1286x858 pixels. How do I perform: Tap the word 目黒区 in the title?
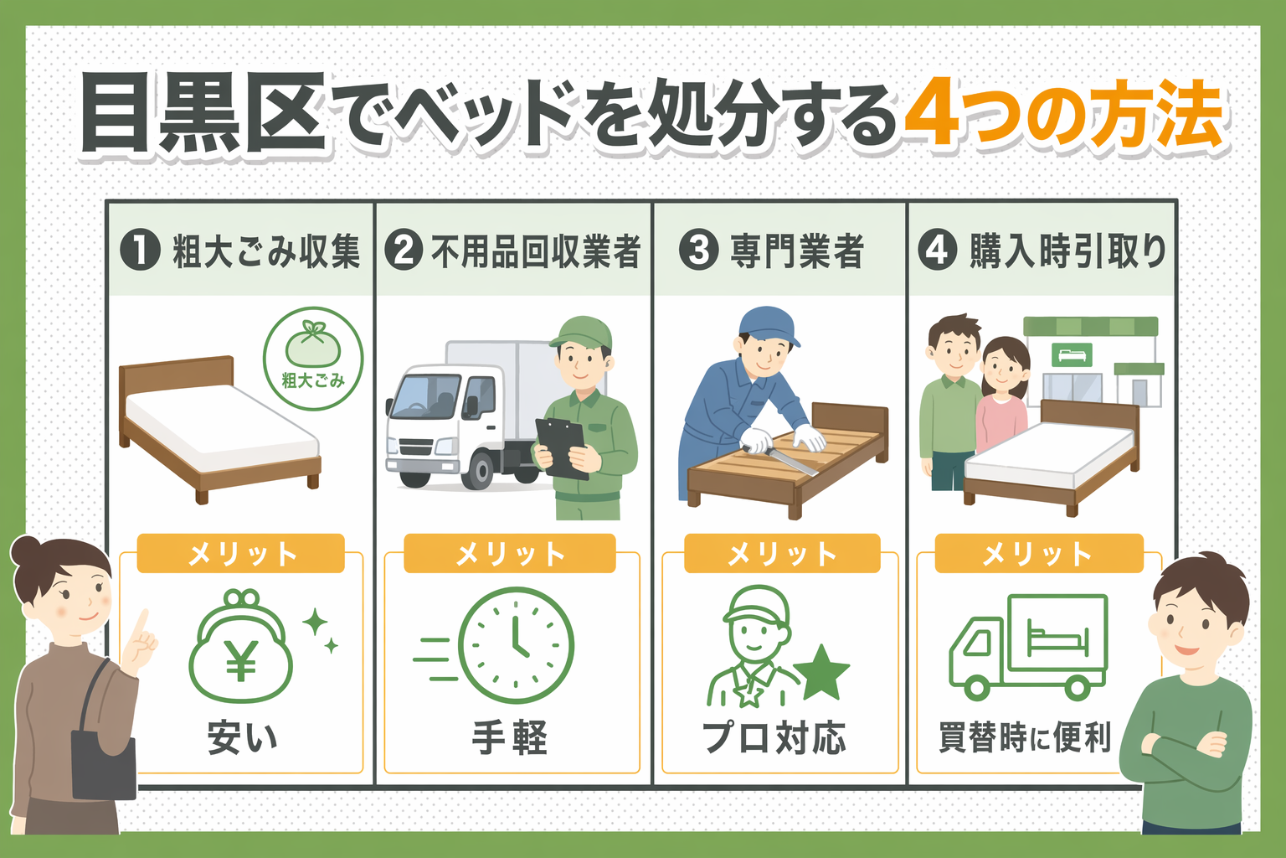click(203, 115)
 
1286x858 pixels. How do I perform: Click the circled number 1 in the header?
click(140, 251)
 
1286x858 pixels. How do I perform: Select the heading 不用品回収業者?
click(535, 251)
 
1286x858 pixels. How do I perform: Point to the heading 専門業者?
click(796, 251)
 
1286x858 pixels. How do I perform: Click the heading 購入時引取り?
click(1067, 251)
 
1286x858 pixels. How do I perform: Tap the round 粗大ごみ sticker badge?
click(313, 358)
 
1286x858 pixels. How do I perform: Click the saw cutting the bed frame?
click(782, 457)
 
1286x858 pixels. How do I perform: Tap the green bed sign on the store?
click(1071, 354)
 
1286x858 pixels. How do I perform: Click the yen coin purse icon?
click(241, 650)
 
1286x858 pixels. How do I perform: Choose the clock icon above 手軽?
click(516, 645)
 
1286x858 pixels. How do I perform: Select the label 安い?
click(242, 737)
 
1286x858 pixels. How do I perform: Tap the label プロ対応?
click(774, 737)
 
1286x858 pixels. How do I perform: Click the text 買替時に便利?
click(1024, 737)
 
